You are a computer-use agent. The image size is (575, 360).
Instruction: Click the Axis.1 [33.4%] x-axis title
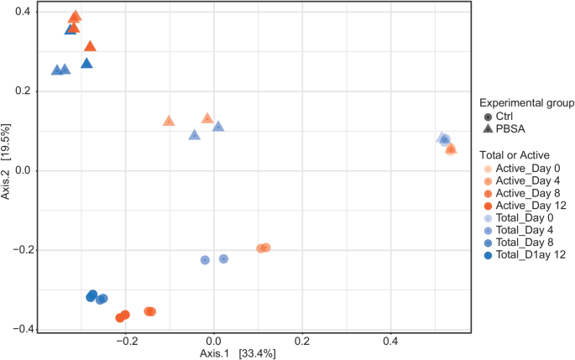tap(238, 353)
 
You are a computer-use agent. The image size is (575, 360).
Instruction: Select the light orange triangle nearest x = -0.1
tap(169, 121)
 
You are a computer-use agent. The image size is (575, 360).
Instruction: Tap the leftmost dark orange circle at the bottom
tap(120, 317)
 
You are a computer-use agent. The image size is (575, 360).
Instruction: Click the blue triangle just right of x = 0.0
tap(218, 127)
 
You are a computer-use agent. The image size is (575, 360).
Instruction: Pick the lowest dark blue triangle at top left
tap(86, 63)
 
